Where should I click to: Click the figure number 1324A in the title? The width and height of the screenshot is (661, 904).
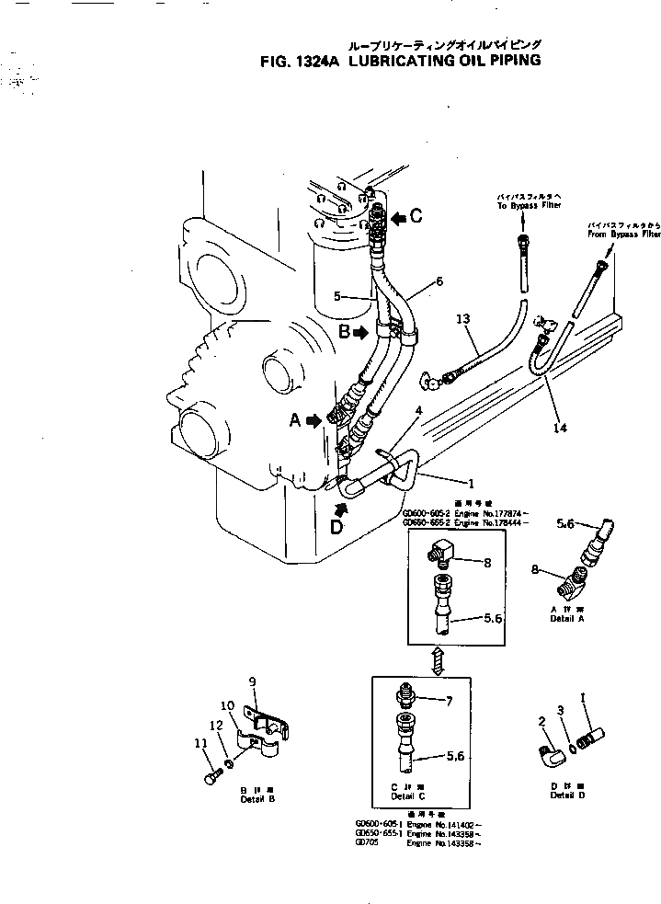pos(318,62)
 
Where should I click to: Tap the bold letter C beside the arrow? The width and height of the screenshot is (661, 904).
pos(416,217)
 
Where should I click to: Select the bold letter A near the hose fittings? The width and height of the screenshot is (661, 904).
pos(295,420)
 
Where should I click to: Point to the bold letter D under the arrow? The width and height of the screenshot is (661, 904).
pos(336,528)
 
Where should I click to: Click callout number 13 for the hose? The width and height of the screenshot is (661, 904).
pos(463,318)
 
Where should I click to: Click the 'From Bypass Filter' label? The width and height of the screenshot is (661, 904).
pos(625,235)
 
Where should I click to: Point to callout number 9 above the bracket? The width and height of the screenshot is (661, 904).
pos(251,681)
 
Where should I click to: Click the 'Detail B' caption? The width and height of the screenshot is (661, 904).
pos(257,799)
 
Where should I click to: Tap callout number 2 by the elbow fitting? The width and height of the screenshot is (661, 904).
pos(541,722)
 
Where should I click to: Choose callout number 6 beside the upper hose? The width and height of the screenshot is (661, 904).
pos(439,280)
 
